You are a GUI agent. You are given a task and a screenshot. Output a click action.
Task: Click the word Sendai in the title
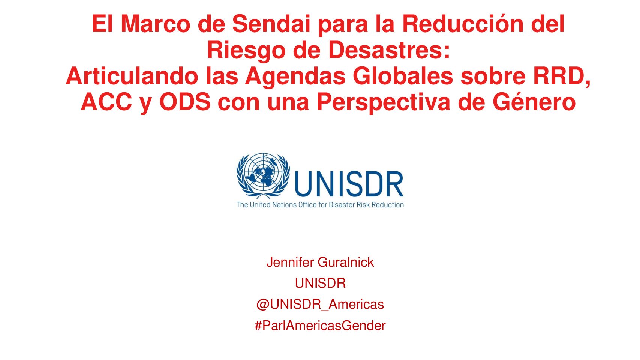coord(271,24)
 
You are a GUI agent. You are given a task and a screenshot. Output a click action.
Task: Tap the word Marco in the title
coord(156,24)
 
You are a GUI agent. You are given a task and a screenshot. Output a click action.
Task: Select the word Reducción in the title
coord(463,24)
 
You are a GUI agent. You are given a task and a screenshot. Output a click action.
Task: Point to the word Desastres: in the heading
coord(389,50)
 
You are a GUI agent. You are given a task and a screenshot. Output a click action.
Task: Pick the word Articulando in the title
coord(132,76)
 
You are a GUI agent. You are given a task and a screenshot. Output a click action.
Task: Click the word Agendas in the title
coord(295,76)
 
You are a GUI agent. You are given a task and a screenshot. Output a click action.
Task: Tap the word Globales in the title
coord(403,76)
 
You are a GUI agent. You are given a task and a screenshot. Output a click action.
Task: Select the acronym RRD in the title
coord(559,76)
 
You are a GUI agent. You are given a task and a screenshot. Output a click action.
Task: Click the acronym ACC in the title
coord(106,102)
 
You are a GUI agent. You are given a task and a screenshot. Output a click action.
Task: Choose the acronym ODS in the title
coord(185,102)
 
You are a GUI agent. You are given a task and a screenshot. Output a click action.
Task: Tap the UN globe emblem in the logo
coord(263,176)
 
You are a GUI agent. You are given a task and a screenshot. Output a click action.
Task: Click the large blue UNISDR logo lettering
coord(349,184)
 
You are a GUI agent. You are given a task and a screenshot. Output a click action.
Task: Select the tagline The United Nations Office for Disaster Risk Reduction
coord(320,205)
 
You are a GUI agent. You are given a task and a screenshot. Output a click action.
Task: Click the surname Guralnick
coord(346,262)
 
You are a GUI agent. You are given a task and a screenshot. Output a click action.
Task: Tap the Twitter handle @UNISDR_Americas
coord(320,304)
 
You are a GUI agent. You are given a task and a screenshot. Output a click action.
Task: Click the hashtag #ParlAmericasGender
coord(320,325)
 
